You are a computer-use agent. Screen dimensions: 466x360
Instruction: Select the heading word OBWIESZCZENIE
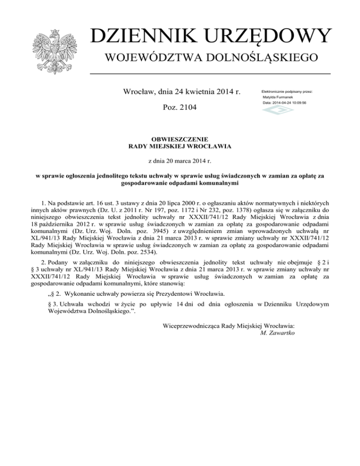[x=180, y=139]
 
